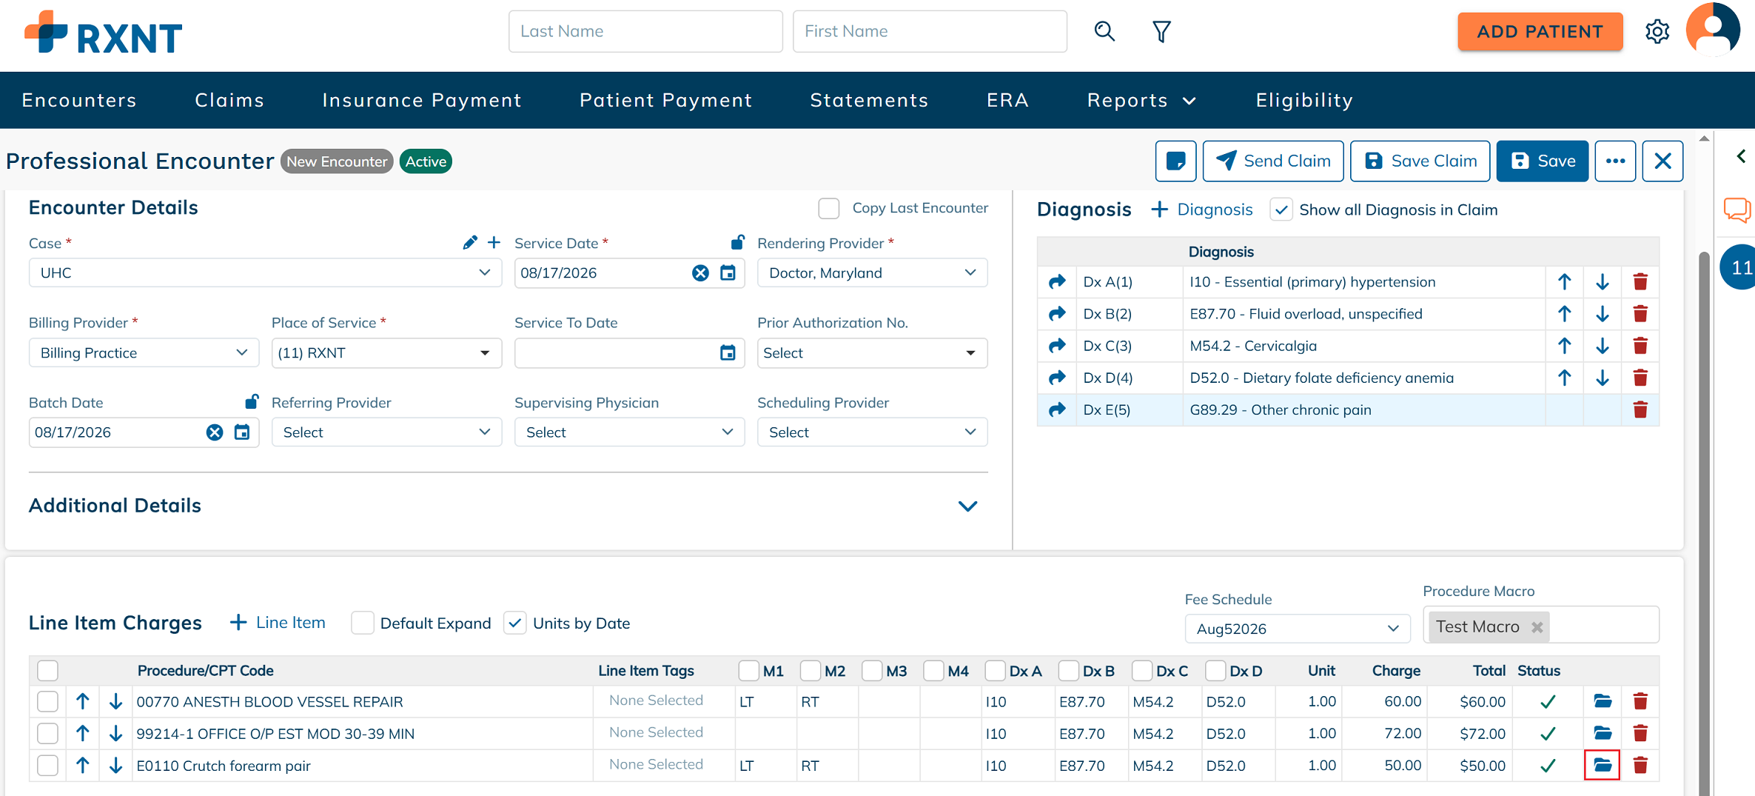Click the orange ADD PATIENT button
1540,32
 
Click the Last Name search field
645,31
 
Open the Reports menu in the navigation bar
1141,100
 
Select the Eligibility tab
1304,100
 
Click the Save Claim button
1420,161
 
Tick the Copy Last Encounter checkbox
829,208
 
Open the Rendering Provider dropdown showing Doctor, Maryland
872,272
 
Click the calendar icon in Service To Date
728,352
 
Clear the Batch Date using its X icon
215,432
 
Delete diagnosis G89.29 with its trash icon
1640,409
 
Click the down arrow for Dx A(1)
1603,281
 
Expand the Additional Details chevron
967,506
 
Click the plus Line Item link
278,623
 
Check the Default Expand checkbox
363,623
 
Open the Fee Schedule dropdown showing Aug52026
1297,629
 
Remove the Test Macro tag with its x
1537,627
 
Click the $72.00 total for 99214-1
1483,734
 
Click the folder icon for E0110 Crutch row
1603,765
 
